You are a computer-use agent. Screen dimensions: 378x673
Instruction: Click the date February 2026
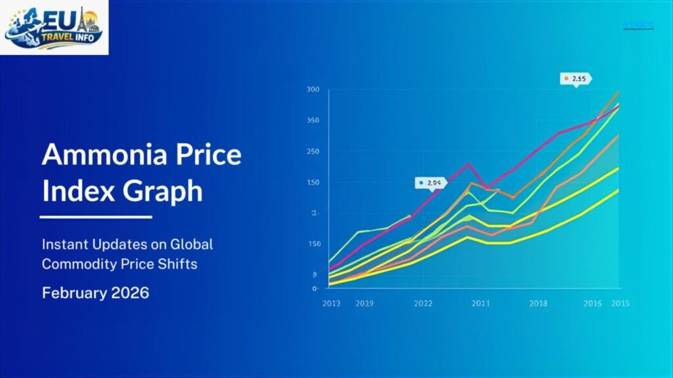click(95, 293)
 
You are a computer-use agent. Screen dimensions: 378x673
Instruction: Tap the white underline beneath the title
click(96, 217)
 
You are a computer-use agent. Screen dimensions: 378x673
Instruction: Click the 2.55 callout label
click(576, 79)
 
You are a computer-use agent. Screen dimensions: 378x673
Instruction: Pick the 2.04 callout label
click(431, 182)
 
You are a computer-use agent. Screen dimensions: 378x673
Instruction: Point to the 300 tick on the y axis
click(313, 90)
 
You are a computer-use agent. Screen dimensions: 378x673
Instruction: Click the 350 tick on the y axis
click(313, 121)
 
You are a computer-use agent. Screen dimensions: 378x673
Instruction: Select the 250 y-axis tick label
click(313, 152)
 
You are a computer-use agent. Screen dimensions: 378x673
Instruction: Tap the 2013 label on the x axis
click(331, 303)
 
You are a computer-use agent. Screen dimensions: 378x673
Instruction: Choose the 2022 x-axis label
click(423, 303)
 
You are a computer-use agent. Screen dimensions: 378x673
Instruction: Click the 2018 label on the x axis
click(538, 303)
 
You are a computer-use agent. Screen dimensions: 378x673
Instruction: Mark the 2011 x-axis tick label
click(480, 303)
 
